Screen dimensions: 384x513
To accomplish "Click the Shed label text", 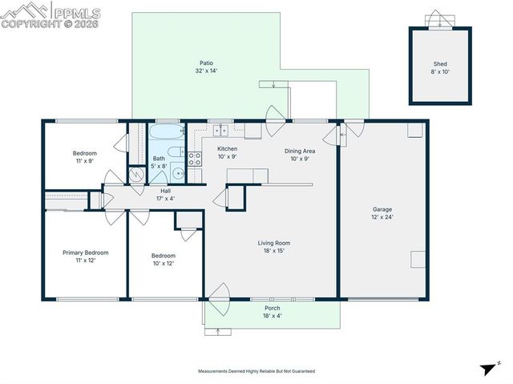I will pos(440,64).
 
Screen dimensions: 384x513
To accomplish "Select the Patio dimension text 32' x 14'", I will pos(206,71).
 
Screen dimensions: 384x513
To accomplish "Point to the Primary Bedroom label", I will pos(85,253).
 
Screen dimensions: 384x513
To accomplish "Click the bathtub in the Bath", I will pos(167,131).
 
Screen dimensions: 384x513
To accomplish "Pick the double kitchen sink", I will pos(220,131).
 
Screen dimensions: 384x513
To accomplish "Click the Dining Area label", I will pos(299,151).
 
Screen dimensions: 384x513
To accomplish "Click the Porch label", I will pos(272,308).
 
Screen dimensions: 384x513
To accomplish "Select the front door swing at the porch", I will pos(220,297).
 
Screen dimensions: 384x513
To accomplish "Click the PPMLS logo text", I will pos(78,11).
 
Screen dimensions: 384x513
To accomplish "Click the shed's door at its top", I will pos(438,20).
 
